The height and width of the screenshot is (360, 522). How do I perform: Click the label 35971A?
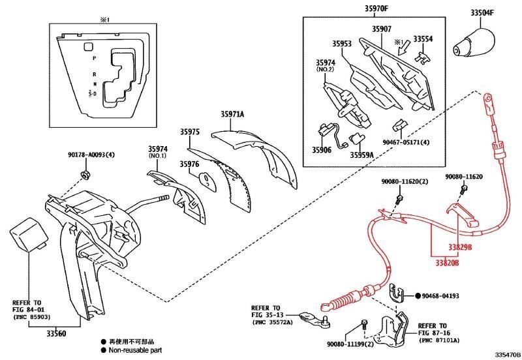tap(232, 115)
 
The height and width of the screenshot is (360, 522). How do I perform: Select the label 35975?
tap(189, 132)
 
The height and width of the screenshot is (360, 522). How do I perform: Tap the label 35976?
tap(189, 164)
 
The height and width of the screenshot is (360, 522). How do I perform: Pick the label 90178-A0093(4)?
tap(91, 155)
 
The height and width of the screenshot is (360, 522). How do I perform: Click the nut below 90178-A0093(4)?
tap(85, 173)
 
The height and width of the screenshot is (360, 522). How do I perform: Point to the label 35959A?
tap(361, 155)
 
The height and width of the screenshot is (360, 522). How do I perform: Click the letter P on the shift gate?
tap(95, 59)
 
